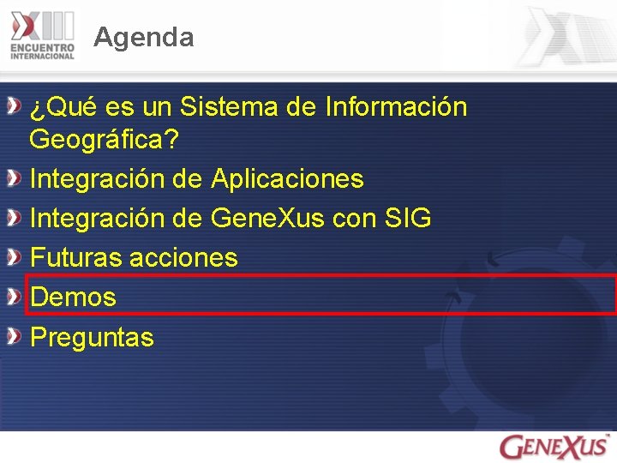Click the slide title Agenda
[x=144, y=37]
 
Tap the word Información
[x=397, y=107]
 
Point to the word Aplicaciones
[x=287, y=179]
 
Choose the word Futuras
[x=75, y=257]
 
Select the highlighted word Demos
[x=73, y=298]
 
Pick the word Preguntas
[x=92, y=337]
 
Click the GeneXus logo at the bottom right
[x=554, y=447]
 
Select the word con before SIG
[x=354, y=219]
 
